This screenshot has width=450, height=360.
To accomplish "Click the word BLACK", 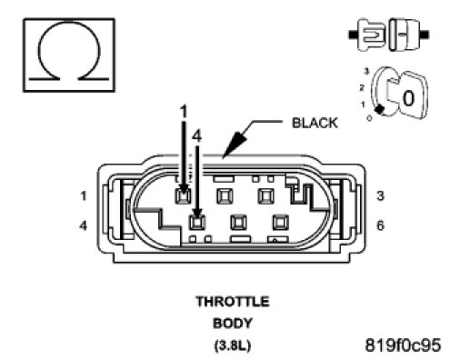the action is (315, 123).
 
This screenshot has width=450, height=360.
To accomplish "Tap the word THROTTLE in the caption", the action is (233, 302).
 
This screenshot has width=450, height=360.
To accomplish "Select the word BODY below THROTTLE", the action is (233, 324).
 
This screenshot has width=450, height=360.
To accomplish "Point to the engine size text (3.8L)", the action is (233, 345).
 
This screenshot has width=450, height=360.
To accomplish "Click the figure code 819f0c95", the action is (403, 345).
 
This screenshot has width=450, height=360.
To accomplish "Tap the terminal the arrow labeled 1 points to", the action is (183, 196).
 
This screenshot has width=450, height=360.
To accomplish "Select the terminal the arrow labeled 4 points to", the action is (197, 223).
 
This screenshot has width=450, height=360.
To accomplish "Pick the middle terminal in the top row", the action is (225, 196).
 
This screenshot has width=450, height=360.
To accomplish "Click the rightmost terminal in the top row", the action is (265, 196).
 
